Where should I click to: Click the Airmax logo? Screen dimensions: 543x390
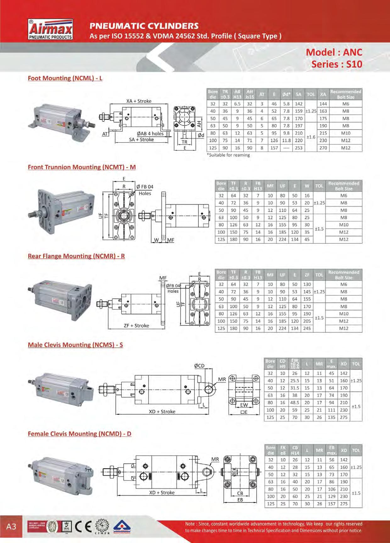tap(51, 30)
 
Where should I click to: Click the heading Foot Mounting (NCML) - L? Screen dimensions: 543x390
tap(65, 78)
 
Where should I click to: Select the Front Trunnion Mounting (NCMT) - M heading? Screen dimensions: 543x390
tap(82, 167)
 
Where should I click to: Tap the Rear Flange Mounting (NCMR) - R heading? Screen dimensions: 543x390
tap(76, 256)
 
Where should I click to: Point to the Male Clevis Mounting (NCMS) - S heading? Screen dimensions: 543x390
tap(75, 345)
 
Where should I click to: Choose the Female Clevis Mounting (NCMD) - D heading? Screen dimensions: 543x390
tap(80, 434)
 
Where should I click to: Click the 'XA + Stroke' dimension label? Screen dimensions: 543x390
tap(139, 101)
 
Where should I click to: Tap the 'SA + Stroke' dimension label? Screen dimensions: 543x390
tap(141, 140)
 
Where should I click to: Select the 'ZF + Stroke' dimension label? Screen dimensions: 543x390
tap(136, 326)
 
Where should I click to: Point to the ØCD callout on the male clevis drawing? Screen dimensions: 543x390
tap(199, 366)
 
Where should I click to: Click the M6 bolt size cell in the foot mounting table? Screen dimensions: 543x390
tap(346, 104)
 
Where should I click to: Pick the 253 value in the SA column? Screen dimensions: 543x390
tap(298, 148)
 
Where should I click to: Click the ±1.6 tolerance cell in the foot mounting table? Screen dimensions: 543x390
tap(311, 137)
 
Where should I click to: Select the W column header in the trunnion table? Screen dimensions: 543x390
tap(307, 186)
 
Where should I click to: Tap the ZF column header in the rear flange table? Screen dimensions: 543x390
tap(307, 275)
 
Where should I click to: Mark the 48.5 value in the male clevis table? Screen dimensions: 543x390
tap(294, 403)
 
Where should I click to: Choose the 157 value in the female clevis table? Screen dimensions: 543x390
tap(331, 504)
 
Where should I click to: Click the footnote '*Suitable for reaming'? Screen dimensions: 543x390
tap(228, 155)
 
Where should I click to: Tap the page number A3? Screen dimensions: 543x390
tap(11, 526)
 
